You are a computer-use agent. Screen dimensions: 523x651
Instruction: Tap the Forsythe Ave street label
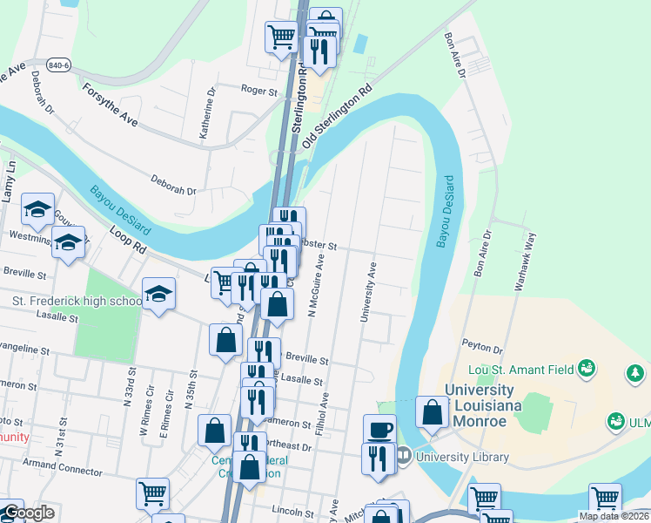coord(110,105)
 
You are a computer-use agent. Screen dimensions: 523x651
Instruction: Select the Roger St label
coord(258,90)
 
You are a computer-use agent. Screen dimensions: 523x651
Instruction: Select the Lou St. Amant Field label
coord(521,370)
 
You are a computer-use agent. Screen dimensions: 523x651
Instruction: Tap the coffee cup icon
coord(379,429)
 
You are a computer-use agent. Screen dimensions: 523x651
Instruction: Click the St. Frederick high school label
coord(77,302)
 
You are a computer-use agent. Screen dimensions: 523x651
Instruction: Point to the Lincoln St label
coord(292,509)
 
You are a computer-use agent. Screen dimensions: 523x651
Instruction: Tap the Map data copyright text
coord(614,516)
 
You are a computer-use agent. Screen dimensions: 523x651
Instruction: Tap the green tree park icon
coord(636,375)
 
